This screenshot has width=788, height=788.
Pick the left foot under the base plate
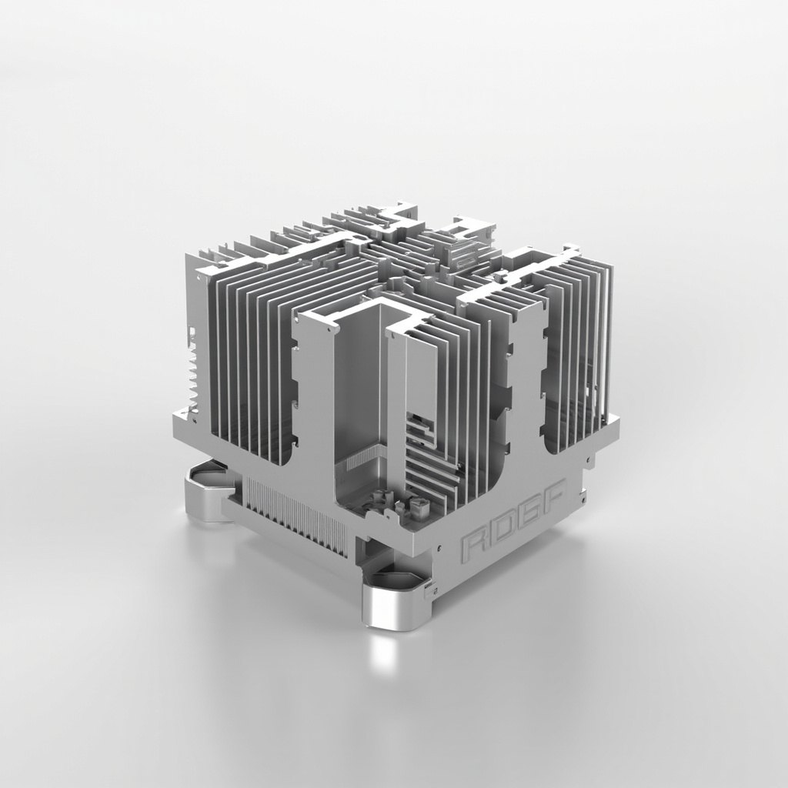point(206,492)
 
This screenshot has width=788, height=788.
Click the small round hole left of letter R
point(439,549)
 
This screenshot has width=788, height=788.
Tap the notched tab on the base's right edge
point(589,462)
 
